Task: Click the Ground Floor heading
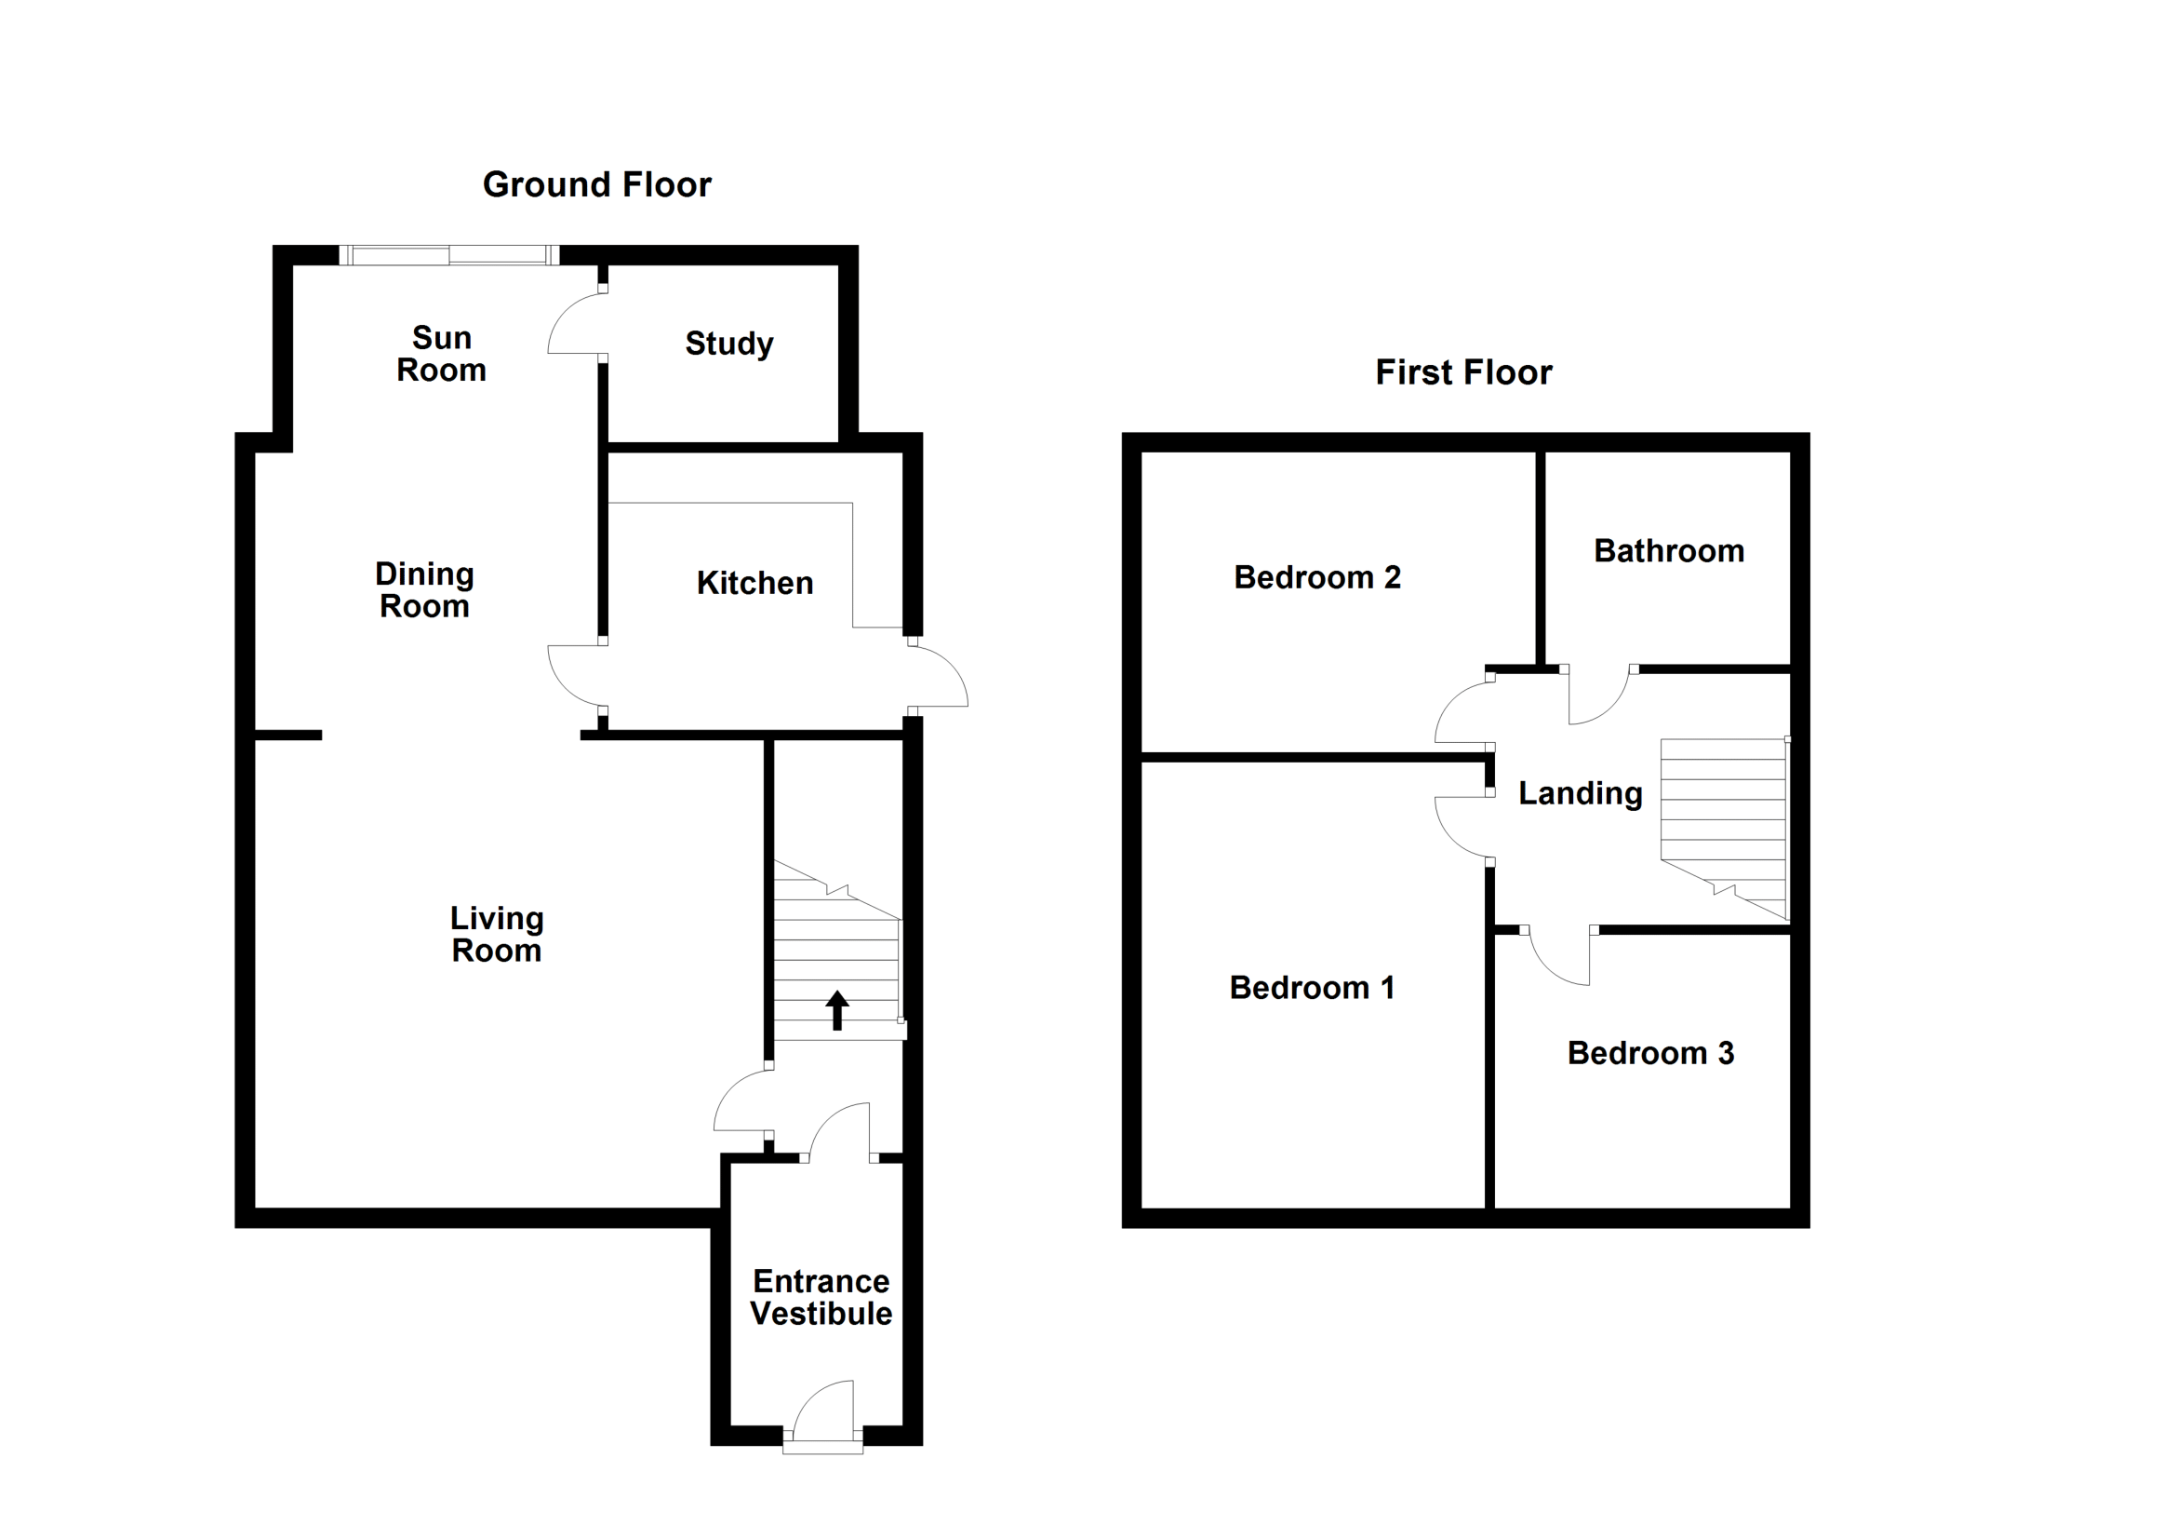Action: pyautogui.click(x=597, y=185)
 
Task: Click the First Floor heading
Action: pyautogui.click(x=1463, y=372)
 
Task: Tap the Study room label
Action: pyautogui.click(x=728, y=344)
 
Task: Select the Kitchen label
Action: pyautogui.click(x=754, y=583)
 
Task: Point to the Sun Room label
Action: pyautogui.click(x=442, y=354)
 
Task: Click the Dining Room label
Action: pyautogui.click(x=424, y=589)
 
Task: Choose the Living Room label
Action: pyautogui.click(x=497, y=934)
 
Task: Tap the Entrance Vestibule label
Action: pyautogui.click(x=821, y=1297)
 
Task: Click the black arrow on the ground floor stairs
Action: pyautogui.click(x=837, y=1010)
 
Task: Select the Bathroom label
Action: pyautogui.click(x=1669, y=551)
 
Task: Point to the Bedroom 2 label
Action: pyautogui.click(x=1317, y=577)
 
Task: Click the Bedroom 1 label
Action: pyautogui.click(x=1312, y=988)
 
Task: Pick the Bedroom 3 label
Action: pyautogui.click(x=1651, y=1054)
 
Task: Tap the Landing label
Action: pyautogui.click(x=1581, y=793)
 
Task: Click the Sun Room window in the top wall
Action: pyautogui.click(x=449, y=255)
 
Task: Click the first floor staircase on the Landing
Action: pyautogui.click(x=1724, y=829)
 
